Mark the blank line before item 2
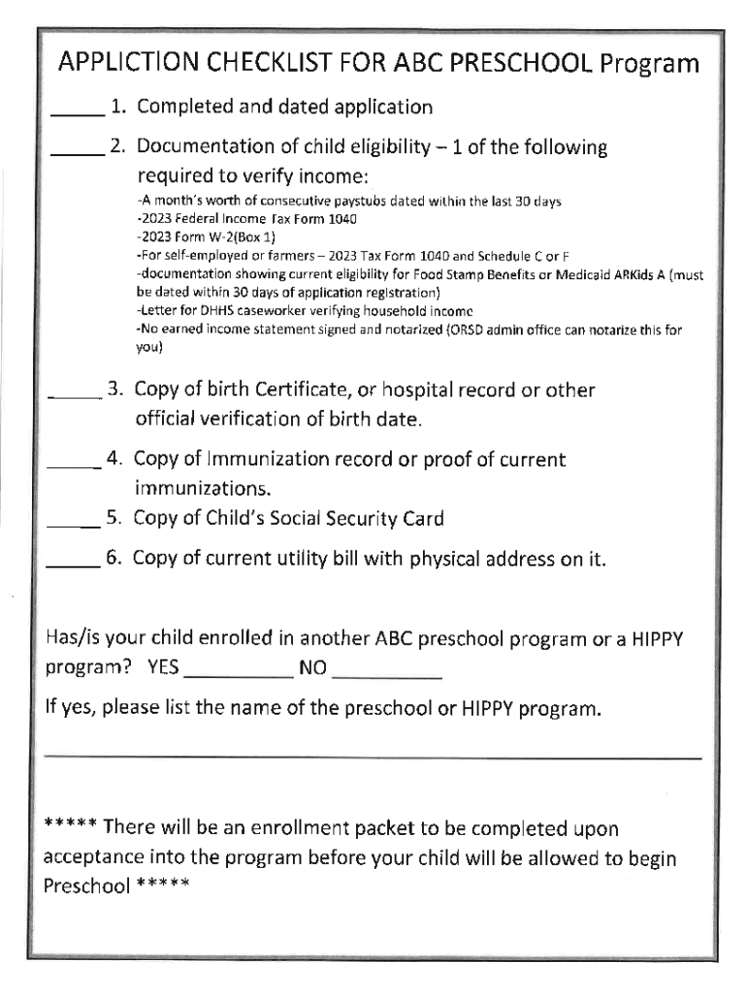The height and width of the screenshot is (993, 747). coord(77,153)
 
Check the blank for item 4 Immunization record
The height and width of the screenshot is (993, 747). coord(74,465)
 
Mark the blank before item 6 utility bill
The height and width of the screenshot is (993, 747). coord(73,565)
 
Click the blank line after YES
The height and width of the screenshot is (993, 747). coord(238,674)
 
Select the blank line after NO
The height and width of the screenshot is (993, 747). coord(386,674)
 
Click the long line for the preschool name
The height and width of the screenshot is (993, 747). coord(373,756)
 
